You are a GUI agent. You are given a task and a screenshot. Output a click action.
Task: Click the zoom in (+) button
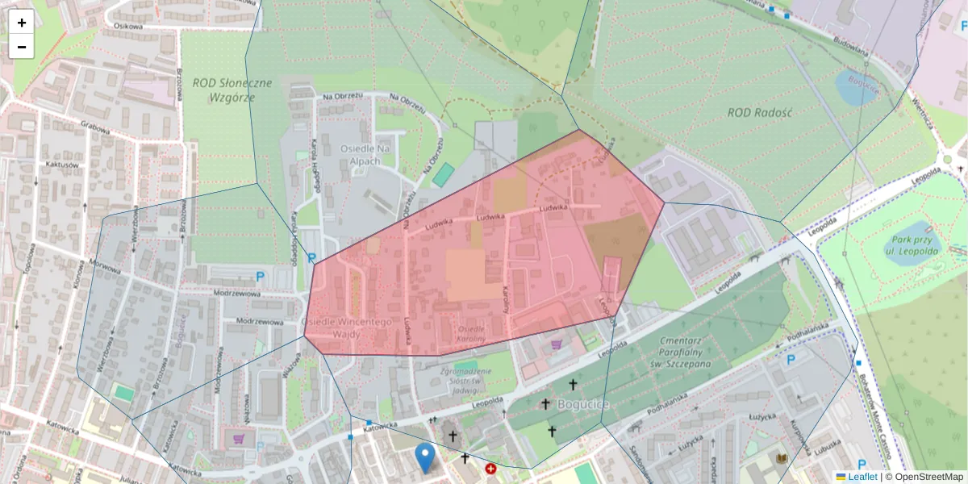[22, 23]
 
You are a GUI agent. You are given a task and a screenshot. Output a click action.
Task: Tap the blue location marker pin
[424, 457]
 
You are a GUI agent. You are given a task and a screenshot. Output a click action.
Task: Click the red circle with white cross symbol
[490, 469]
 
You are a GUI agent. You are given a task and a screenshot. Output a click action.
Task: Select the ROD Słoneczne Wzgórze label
[232, 90]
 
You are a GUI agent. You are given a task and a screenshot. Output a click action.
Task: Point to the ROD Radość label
[759, 112]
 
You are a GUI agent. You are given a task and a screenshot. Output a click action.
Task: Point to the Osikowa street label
[128, 26]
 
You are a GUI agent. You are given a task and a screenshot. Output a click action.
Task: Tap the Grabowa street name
[94, 126]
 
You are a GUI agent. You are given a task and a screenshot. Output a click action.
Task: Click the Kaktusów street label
[62, 165]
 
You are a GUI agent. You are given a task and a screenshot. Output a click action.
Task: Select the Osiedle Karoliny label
[471, 334]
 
